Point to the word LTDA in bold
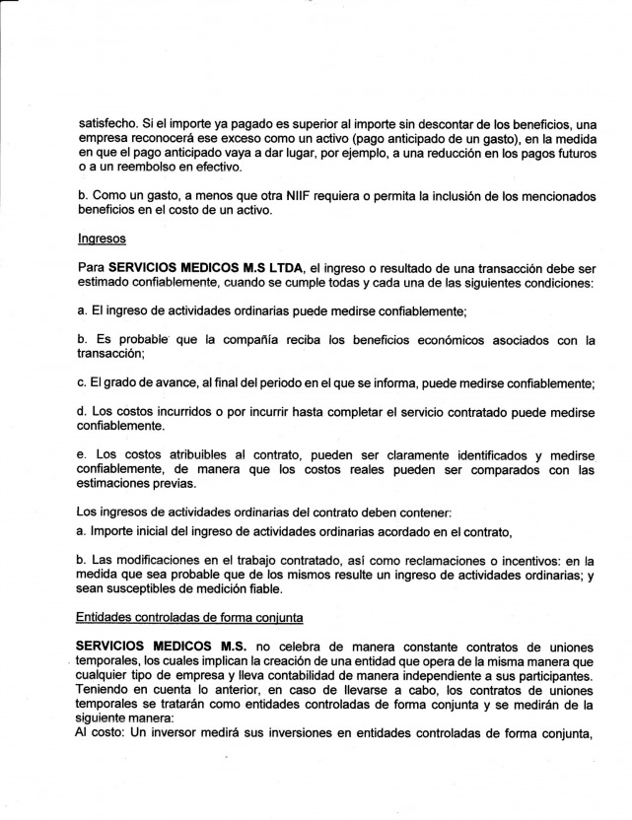(x=286, y=267)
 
